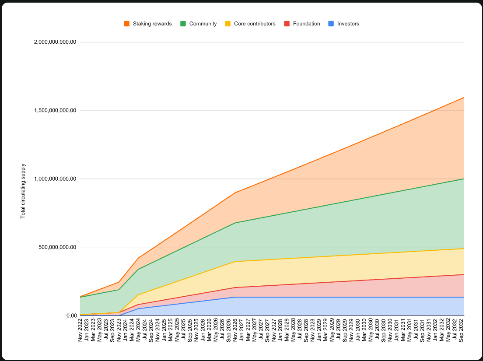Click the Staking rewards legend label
click(x=152, y=24)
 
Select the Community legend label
click(x=203, y=24)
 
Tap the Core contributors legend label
click(x=255, y=24)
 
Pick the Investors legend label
click(x=348, y=24)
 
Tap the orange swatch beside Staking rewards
click(x=127, y=24)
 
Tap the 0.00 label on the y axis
click(x=71, y=315)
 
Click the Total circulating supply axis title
click(x=23, y=191)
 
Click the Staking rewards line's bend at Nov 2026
click(x=235, y=193)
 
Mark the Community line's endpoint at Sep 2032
click(x=464, y=179)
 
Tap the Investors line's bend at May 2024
click(x=138, y=308)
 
